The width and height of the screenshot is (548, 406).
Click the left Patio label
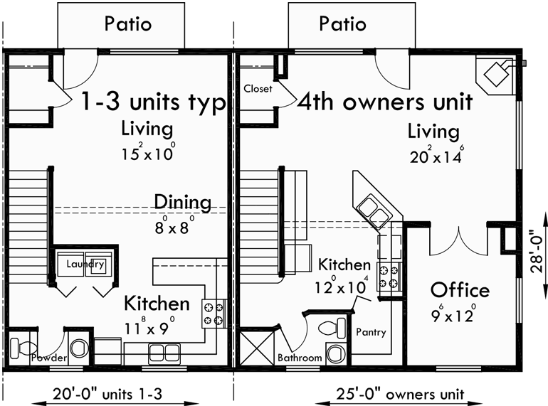[x=128, y=23]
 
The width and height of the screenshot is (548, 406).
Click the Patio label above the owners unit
[x=342, y=23]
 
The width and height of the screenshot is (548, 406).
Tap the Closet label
[x=258, y=89]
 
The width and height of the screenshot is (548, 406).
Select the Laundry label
[x=85, y=265]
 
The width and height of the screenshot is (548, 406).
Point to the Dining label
[x=182, y=203]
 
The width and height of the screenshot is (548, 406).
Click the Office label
[x=460, y=290]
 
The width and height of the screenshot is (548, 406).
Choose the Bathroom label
[x=300, y=358]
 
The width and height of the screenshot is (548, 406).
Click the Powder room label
[x=49, y=357]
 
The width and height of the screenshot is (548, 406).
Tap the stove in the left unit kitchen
[x=214, y=314]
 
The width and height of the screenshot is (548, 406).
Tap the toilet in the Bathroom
[x=328, y=329]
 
